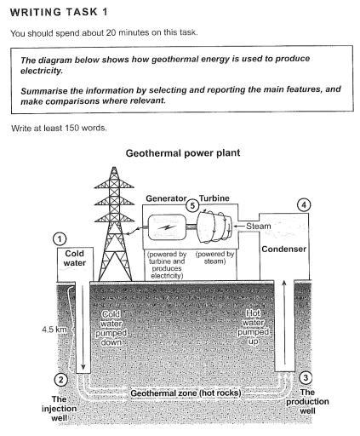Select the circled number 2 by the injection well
coord(60,380)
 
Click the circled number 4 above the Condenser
coord(301,205)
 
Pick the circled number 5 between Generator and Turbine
coord(192,205)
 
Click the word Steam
coord(258,227)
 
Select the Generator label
coord(165,197)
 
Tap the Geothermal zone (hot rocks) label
coord(186,394)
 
